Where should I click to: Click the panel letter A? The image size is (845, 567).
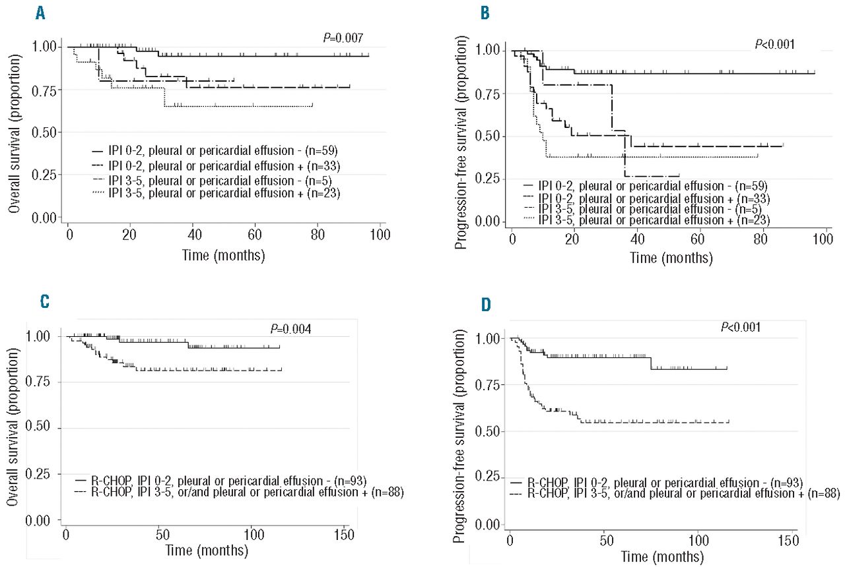(41, 14)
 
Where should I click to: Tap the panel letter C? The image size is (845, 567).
(44, 302)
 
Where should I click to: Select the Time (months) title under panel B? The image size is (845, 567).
(671, 257)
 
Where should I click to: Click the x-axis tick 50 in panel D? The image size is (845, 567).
(605, 541)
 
